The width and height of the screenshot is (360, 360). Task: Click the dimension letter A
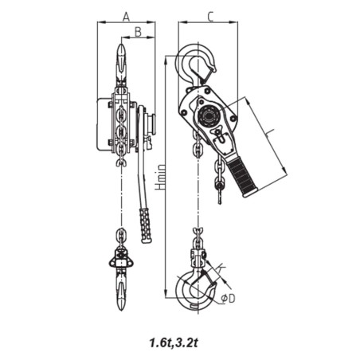point(126,15)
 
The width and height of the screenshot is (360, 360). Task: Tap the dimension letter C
point(209,15)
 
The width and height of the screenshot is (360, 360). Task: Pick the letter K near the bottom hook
point(220,268)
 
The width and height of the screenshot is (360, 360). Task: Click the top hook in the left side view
point(121,64)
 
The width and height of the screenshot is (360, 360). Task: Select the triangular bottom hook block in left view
point(121,259)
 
